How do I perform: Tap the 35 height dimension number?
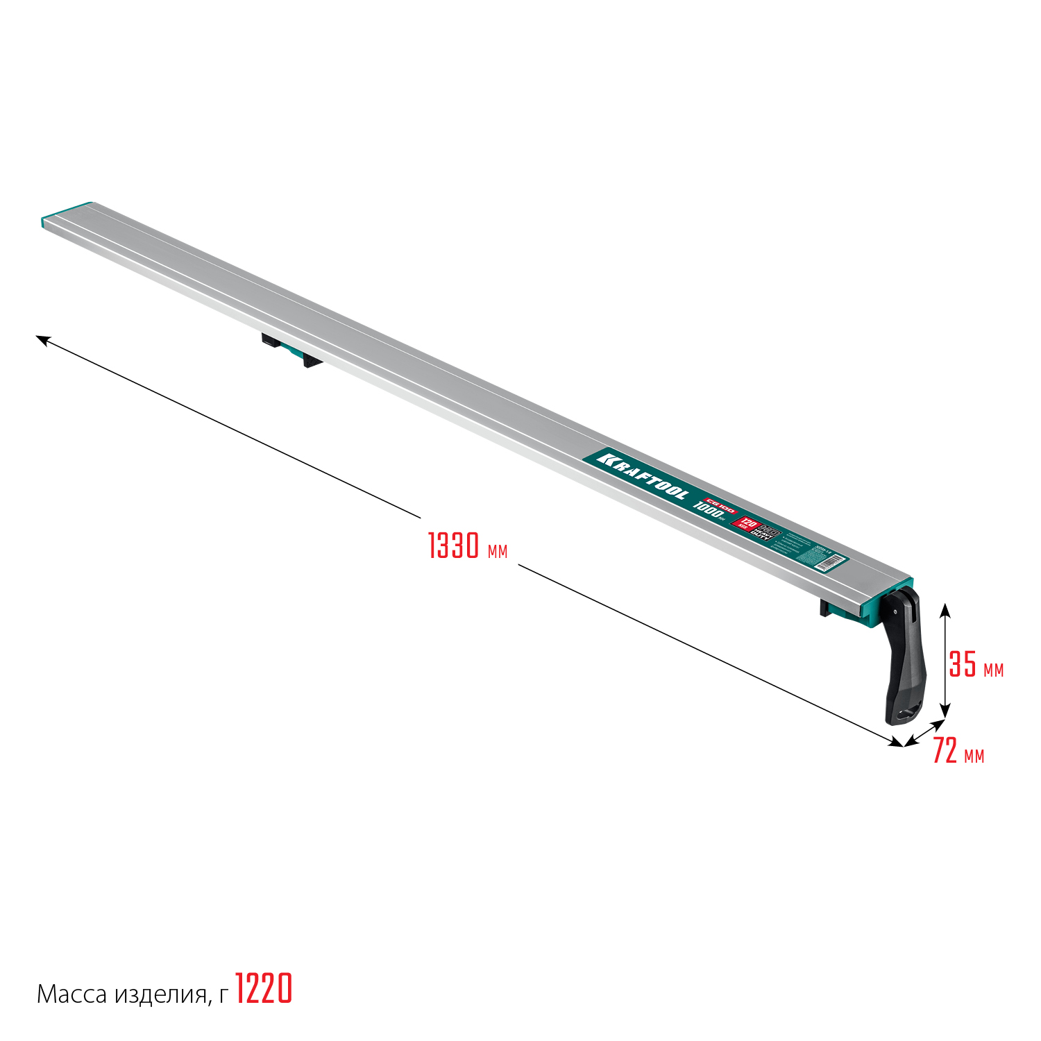963,664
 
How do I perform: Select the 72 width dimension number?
945,751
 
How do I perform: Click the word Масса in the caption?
72,995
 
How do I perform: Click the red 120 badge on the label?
746,522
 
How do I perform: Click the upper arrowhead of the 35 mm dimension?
945,610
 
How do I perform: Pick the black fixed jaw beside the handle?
826,609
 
